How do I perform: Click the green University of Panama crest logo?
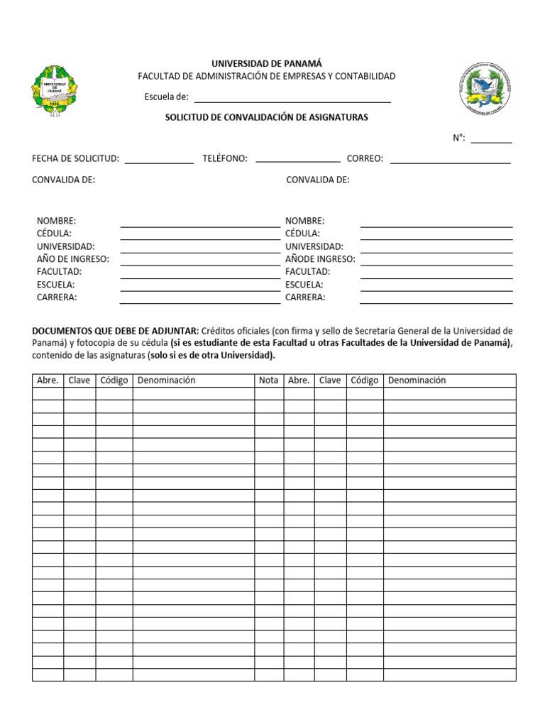coord(55,91)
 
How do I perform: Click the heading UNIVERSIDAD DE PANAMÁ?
coord(266,64)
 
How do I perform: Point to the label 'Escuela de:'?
coord(166,97)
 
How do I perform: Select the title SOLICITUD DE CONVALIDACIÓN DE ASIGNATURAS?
coord(266,118)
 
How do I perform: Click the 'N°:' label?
coord(459,138)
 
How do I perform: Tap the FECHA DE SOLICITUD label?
coord(75,159)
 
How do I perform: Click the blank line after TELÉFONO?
coord(297,162)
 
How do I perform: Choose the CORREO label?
coord(365,159)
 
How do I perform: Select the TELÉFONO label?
coord(225,159)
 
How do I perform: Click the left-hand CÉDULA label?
coord(54,234)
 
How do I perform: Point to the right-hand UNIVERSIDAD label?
coord(314,246)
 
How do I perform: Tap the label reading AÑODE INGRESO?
coord(320,259)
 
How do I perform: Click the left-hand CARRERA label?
coord(57,297)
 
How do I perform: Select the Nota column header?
coord(268,381)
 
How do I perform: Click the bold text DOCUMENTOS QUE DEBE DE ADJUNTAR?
coord(115,331)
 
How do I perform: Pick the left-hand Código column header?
coord(114,381)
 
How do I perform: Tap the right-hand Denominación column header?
coord(417,381)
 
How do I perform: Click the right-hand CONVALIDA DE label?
coord(317,180)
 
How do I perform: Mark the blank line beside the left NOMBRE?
coord(199,225)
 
